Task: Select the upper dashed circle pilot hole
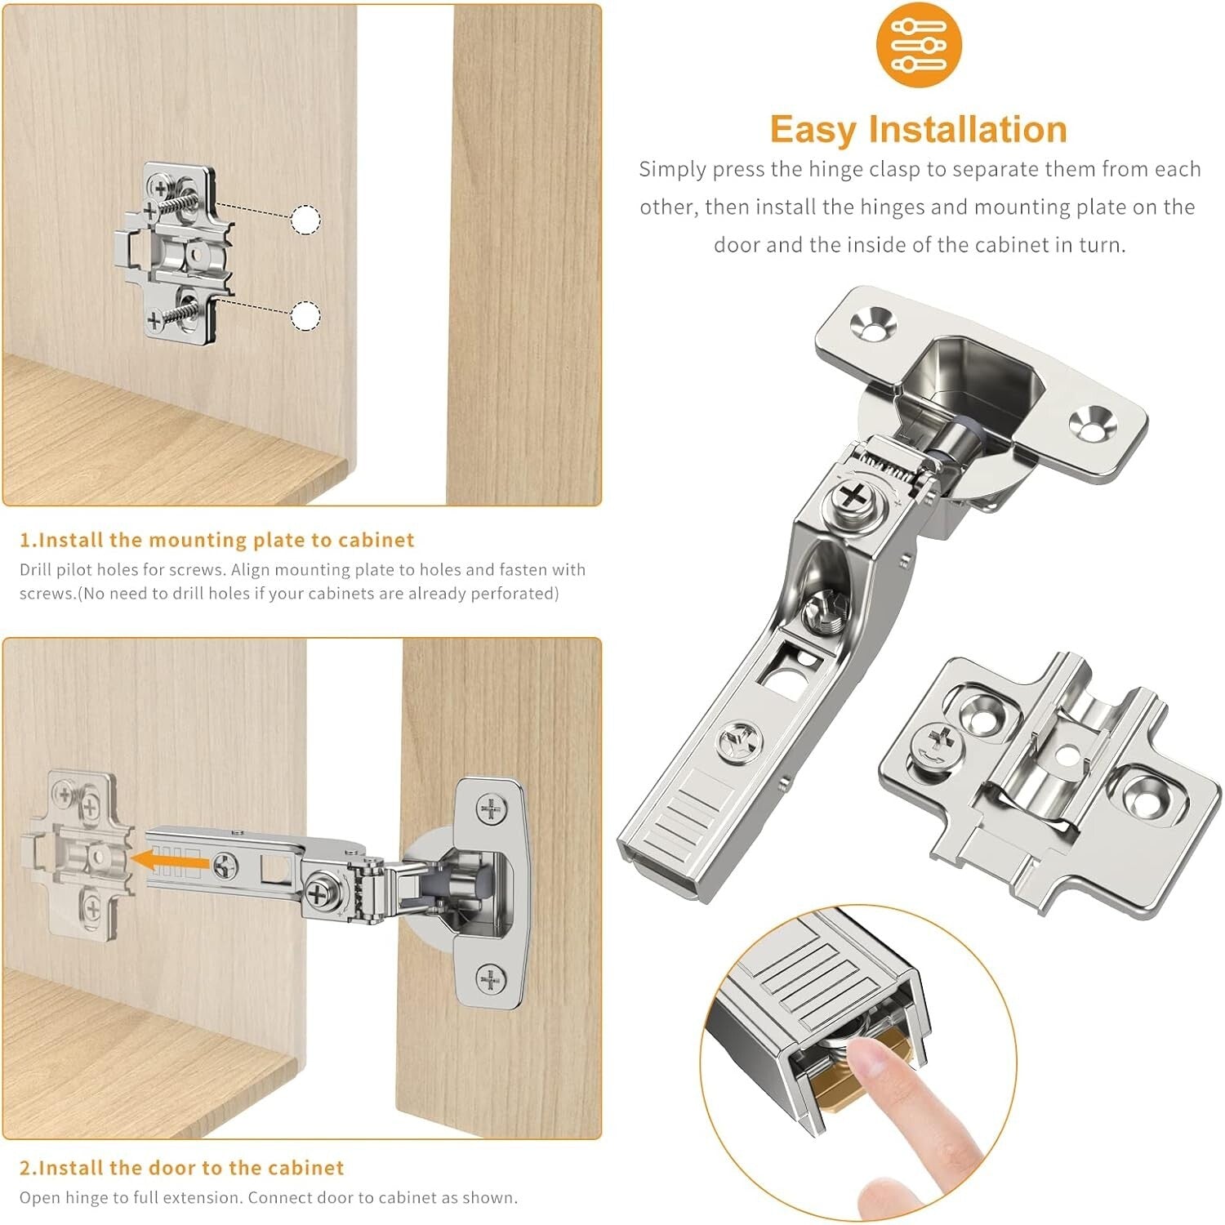click(306, 220)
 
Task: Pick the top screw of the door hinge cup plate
click(490, 809)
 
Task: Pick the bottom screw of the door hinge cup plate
click(490, 978)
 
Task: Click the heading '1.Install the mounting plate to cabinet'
click(217, 540)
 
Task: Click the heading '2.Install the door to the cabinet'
click(181, 1168)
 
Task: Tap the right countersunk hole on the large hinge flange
click(1091, 423)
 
